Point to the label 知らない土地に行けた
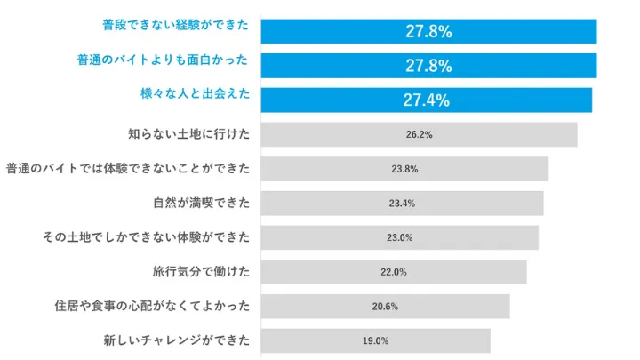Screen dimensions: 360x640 (189, 134)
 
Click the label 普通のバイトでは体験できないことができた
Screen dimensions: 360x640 (128, 168)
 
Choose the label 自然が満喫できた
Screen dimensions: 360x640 (202, 203)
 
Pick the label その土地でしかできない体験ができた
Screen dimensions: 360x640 (147, 237)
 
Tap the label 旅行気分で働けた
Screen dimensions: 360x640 (202, 271)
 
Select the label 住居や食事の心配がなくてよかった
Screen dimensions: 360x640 (152, 306)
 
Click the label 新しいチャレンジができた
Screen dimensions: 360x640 (177, 340)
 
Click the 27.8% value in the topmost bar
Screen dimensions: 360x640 (428, 31)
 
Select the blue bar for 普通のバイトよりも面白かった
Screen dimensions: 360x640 (428, 66)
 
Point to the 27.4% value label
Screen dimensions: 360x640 (426, 100)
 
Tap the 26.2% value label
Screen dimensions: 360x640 (419, 135)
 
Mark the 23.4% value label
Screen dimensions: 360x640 (402, 204)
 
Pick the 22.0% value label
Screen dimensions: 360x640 (394, 272)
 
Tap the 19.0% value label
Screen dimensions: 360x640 (375, 340)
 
